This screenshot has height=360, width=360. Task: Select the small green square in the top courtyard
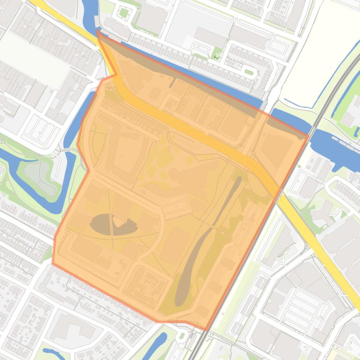(x=124, y=13)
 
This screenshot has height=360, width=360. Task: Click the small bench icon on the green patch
(x=216, y=57)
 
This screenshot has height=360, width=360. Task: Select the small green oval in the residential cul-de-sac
(x=248, y=72)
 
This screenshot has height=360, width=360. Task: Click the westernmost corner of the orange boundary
(x=52, y=263)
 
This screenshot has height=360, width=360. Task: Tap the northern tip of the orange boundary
(x=97, y=30)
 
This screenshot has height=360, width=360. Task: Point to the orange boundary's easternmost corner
(x=309, y=136)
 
